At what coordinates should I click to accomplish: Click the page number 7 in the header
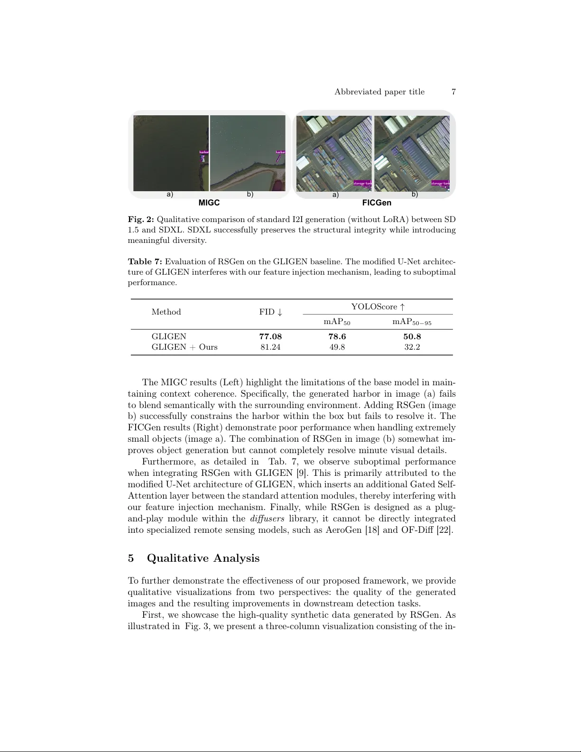[x=453, y=92]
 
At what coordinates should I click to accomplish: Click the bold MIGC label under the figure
[x=209, y=203]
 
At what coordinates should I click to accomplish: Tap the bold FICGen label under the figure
[x=377, y=203]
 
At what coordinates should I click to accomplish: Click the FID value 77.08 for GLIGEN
[x=270, y=336]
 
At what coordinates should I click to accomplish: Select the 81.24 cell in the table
[x=270, y=347]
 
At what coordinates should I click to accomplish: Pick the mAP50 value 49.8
[x=337, y=347]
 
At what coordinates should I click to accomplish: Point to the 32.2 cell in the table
[x=412, y=347]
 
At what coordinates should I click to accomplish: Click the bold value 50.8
[x=412, y=336]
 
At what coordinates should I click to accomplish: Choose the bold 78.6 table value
[x=337, y=336]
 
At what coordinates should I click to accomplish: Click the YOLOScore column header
[x=378, y=307]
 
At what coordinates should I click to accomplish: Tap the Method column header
[x=166, y=312]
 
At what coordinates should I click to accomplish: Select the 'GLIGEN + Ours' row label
[x=184, y=347]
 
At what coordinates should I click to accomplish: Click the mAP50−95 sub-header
[x=412, y=322]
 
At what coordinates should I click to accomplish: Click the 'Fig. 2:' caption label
[x=141, y=220]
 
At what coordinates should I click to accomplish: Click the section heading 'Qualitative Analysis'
[x=203, y=558]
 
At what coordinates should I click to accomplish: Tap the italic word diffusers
[x=267, y=519]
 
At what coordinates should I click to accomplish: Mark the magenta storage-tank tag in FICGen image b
[x=440, y=183]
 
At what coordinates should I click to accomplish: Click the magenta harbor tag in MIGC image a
[x=204, y=152]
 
